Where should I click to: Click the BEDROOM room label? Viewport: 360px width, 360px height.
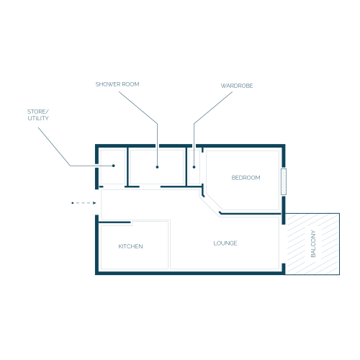tap(246, 178)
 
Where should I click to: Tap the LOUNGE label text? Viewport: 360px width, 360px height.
tap(225, 243)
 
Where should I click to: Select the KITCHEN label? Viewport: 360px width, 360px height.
tap(130, 246)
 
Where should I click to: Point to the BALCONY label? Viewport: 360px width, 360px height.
tap(313, 243)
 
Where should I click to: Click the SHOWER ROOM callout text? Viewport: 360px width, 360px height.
tap(117, 84)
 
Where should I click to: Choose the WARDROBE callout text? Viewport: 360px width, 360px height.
tap(237, 86)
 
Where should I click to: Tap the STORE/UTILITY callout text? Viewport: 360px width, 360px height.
tap(38, 114)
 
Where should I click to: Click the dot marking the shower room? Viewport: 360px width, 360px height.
tap(157, 167)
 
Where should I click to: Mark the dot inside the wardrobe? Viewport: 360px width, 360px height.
tap(194, 167)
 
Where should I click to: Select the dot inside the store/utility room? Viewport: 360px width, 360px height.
tap(114, 166)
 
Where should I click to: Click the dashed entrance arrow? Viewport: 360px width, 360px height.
tap(84, 203)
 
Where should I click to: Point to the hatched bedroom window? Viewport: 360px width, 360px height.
tap(284, 181)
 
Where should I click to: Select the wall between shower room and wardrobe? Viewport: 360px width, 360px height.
tap(186, 166)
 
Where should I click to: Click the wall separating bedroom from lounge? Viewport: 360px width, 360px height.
tap(250, 213)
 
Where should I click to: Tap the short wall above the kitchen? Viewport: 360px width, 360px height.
tap(114, 222)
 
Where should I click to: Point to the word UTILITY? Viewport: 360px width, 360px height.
tap(38, 118)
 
